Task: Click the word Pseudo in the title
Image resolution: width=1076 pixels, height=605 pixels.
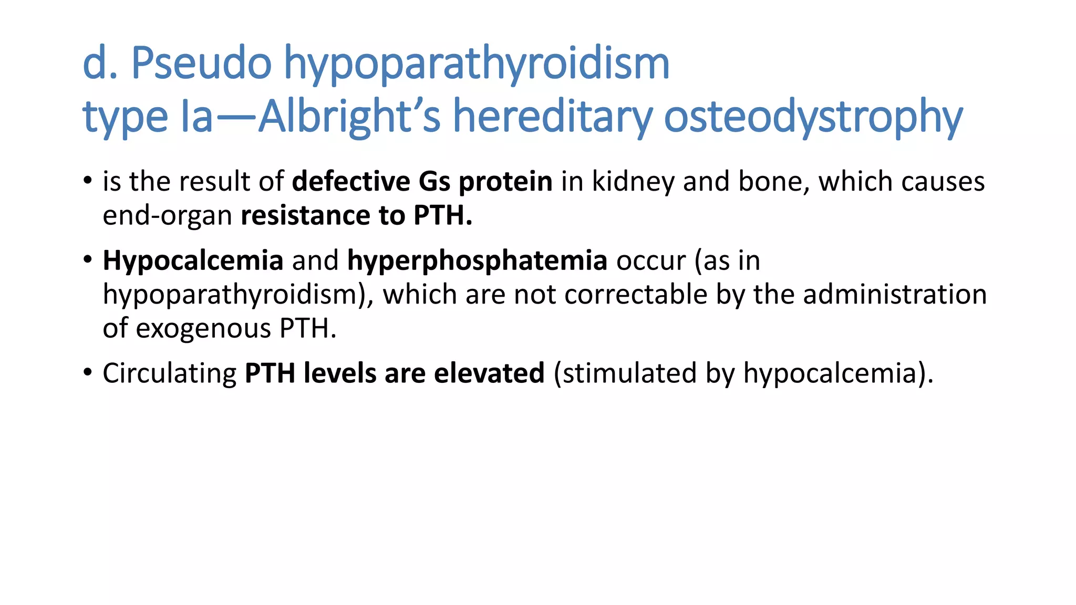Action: tap(201, 63)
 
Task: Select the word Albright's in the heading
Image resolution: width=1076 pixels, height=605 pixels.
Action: tap(349, 117)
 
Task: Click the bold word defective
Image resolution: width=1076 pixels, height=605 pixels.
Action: tap(351, 182)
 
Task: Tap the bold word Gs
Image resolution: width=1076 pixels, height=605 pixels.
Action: tap(434, 182)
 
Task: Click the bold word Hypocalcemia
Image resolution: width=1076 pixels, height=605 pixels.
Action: tap(193, 261)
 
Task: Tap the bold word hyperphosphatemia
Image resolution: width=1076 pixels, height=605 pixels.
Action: tap(477, 261)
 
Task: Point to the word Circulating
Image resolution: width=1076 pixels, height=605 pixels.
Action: tap(169, 374)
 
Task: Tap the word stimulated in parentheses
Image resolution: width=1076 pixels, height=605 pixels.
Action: tap(629, 373)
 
